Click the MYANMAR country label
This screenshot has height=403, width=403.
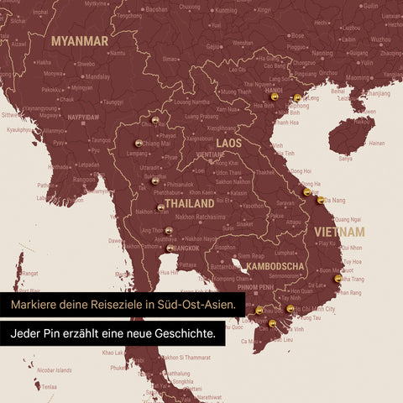click(x=79, y=41)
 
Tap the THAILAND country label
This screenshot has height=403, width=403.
click(x=190, y=204)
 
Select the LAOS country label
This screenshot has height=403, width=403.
click(x=228, y=144)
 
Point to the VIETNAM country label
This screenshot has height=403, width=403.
click(x=339, y=230)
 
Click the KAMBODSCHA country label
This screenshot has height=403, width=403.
click(x=274, y=267)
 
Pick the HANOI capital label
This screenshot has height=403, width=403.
click(x=273, y=90)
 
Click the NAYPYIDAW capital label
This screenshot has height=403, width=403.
click(x=83, y=118)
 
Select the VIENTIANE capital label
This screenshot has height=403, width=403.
click(x=209, y=155)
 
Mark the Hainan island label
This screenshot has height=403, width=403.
click(x=377, y=143)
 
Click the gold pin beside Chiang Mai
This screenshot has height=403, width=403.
click(x=139, y=144)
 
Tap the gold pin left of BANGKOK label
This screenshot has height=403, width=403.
click(x=170, y=249)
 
